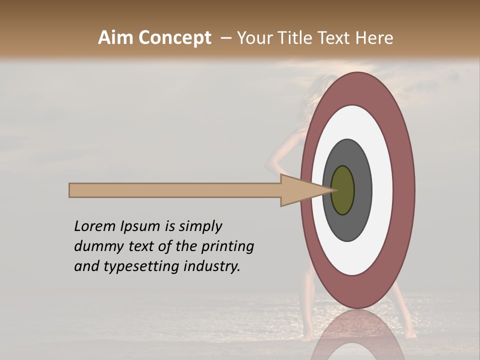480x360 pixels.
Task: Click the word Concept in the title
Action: coord(175,38)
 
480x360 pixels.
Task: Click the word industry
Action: coord(212,266)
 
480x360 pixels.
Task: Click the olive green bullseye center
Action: coord(342,190)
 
